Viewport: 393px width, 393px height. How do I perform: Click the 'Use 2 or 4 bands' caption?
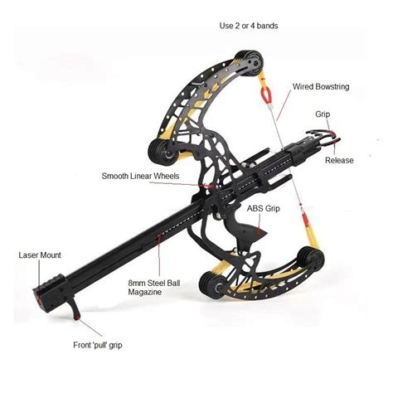249,26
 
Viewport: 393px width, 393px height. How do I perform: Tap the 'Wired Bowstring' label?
321,86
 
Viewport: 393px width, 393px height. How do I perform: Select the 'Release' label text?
339,160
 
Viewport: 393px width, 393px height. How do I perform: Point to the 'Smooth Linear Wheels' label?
140,176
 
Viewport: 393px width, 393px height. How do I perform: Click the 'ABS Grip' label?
263,208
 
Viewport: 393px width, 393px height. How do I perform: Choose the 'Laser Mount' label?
40,255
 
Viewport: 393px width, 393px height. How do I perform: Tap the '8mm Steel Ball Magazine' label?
154,288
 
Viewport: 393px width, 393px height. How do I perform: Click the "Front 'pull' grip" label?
98,345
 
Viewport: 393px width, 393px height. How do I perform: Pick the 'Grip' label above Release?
323,114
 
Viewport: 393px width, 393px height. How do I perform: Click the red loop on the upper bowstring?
267,94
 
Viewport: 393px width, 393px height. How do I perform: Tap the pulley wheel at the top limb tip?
250,63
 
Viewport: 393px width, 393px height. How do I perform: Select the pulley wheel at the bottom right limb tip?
311,258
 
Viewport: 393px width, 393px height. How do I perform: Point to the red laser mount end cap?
38,299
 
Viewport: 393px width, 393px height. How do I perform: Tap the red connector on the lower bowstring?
305,218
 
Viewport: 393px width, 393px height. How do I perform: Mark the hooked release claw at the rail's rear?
323,138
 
